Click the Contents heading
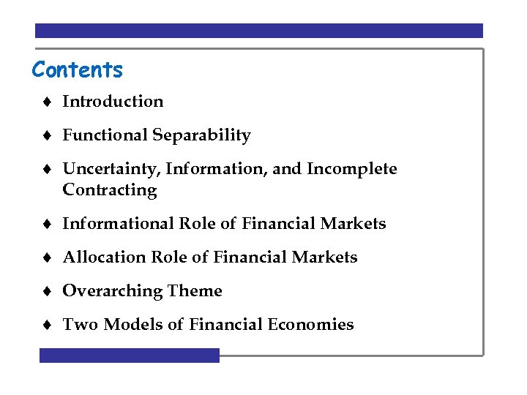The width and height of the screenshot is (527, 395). pos(78,70)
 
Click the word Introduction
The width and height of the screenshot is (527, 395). pos(113,102)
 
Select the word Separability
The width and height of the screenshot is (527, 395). pos(202,135)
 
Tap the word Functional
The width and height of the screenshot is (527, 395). pos(105,135)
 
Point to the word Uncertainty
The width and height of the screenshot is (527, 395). pos(112,169)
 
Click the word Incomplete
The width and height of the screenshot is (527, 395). pos(352,169)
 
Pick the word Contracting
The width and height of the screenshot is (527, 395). pos(110,190)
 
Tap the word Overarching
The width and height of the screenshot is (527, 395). pos(112,291)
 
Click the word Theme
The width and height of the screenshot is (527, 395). pos(195,291)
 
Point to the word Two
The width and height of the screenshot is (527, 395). pos(76,325)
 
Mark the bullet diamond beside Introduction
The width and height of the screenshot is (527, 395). pos(46,102)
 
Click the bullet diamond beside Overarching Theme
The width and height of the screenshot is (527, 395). pos(46,292)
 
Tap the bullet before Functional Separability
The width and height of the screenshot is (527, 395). pos(46,136)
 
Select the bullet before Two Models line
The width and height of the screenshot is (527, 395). pos(46,326)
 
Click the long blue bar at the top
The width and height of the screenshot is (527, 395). pos(259,31)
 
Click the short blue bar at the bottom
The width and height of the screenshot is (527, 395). pos(129,355)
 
